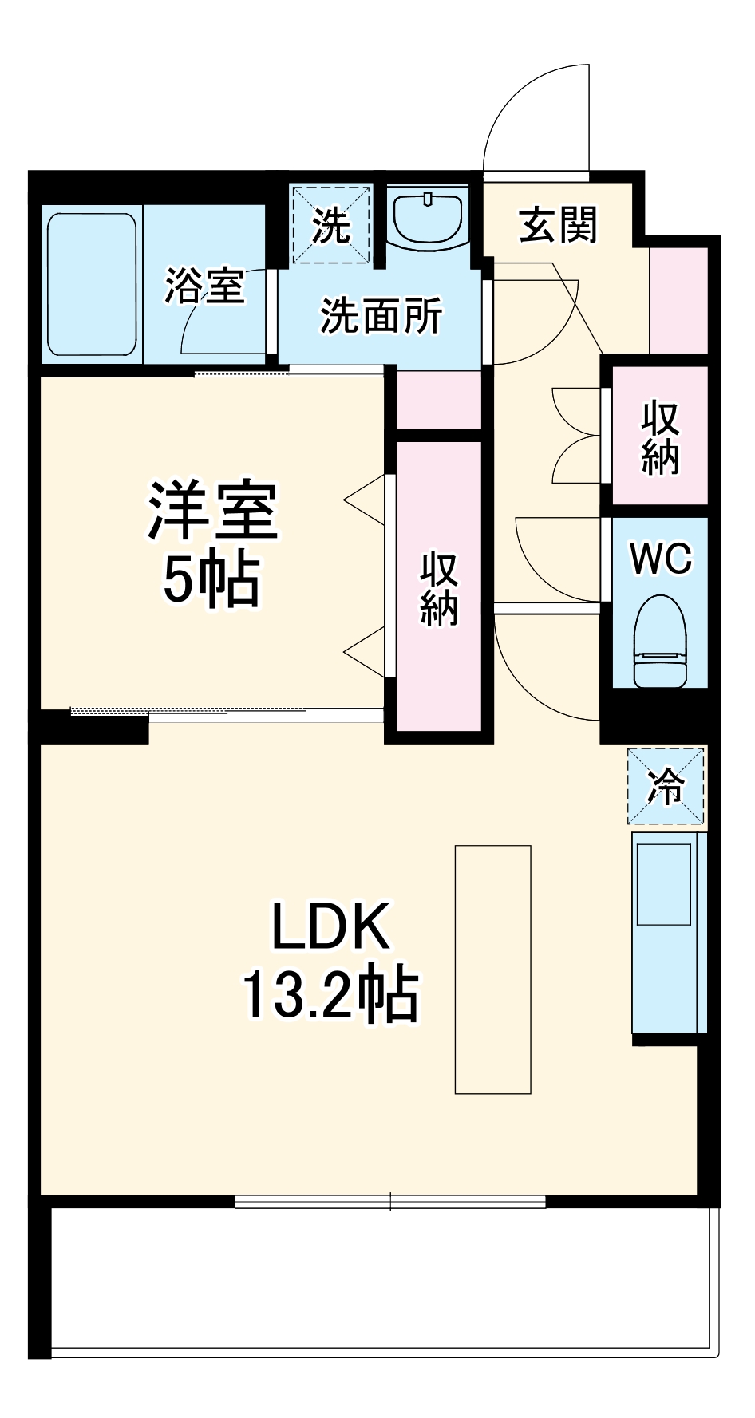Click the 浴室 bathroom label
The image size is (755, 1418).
coord(204,286)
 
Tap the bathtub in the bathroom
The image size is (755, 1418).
coord(91,284)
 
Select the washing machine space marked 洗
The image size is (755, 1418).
coord(330,225)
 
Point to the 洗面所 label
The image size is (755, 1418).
coord(381,317)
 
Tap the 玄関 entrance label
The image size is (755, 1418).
coord(558,225)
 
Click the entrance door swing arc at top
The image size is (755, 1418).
coord(527,112)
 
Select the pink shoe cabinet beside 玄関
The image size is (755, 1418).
coord(678,300)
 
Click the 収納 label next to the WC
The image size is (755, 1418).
coord(659,438)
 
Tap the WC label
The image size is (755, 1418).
coord(661,559)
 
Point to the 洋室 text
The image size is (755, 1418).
coord(211,512)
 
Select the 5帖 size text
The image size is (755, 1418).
coord(211,580)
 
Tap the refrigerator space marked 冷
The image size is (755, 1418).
coord(666,786)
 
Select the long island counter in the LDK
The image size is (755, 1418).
coord(492,969)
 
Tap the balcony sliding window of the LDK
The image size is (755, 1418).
coord(390,1201)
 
